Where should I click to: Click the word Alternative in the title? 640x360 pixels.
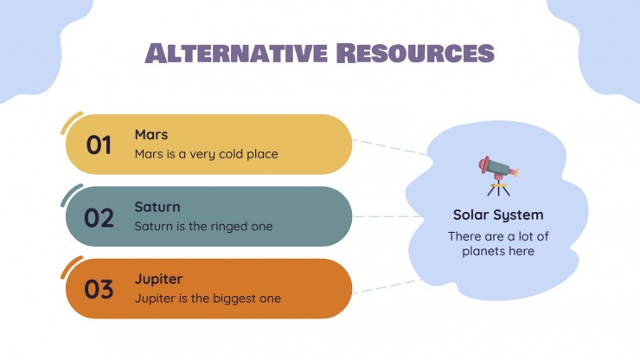236,53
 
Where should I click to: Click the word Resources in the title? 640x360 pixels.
415,53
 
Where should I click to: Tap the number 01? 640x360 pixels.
99,145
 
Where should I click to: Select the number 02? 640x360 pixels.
99,217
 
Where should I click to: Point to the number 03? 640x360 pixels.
99,289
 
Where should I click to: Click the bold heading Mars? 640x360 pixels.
151,134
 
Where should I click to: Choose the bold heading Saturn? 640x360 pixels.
157,207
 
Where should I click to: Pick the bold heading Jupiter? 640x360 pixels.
159,280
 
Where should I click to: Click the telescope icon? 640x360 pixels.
498,176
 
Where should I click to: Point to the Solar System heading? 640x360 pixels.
498,215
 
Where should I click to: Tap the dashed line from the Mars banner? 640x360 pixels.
390,147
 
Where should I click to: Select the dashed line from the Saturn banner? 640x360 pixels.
387,216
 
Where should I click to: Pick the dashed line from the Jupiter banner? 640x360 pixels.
387,286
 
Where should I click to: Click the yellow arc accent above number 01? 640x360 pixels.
70,122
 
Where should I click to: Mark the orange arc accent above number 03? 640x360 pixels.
70,267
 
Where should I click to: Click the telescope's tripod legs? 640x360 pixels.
498,190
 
